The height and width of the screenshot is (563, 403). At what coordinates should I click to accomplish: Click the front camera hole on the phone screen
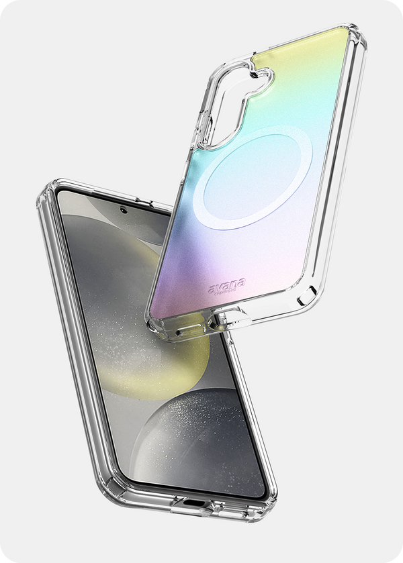point(123,210)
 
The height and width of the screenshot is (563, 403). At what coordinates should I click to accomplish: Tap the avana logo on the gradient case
point(227,286)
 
